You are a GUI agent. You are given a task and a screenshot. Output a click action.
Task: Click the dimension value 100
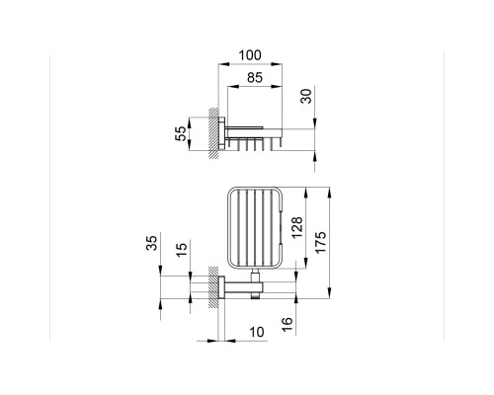click(x=250, y=55)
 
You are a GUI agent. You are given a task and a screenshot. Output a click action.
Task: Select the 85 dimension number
click(x=255, y=78)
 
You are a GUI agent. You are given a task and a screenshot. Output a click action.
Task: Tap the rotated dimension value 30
click(x=306, y=96)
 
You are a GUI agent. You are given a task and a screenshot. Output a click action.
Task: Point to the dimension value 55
click(x=180, y=133)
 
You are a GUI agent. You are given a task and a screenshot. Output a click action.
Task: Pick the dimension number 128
click(x=296, y=227)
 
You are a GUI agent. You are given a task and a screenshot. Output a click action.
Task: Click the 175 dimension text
click(x=320, y=242)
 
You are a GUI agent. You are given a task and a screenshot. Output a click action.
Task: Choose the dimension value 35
click(x=152, y=243)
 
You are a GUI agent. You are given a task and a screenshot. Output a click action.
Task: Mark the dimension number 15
click(x=181, y=250)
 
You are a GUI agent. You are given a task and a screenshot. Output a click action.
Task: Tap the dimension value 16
click(x=288, y=325)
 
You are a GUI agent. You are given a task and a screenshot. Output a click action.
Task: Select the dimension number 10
click(x=257, y=332)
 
